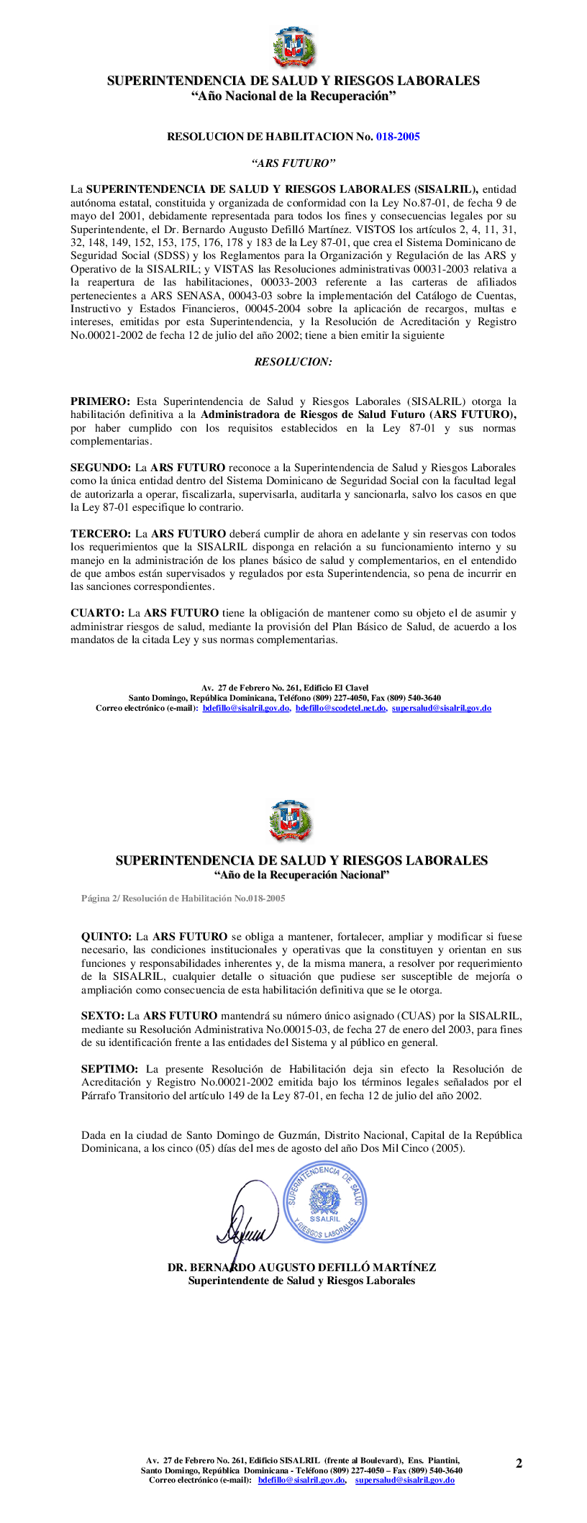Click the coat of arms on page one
[x=293, y=47]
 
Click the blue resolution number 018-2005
[x=398, y=137]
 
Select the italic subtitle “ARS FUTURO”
[x=293, y=163]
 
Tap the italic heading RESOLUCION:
[x=293, y=362]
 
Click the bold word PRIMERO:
[x=100, y=401]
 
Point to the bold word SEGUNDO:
[x=101, y=468]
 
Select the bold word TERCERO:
[x=101, y=534]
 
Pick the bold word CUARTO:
[x=97, y=613]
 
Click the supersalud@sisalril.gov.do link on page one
[x=441, y=708]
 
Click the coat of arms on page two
[x=290, y=821]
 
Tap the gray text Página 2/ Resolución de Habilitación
[x=183, y=899]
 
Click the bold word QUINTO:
[x=106, y=937]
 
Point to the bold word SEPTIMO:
[x=109, y=1069]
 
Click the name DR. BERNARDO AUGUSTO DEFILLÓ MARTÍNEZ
[x=301, y=1268]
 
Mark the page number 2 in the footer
[x=519, y=1463]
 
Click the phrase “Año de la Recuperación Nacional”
[x=301, y=875]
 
